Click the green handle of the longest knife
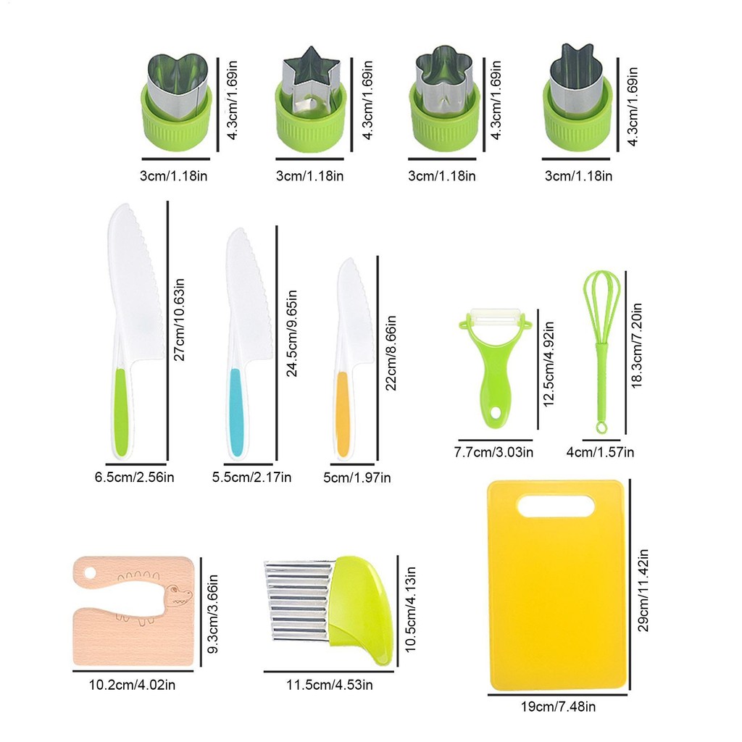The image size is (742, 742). click(121, 412)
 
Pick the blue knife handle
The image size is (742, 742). click(237, 412)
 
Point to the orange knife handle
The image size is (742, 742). click(343, 414)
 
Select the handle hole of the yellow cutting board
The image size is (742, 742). click(556, 506)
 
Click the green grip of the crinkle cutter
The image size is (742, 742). click(361, 609)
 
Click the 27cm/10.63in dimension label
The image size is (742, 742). click(179, 320)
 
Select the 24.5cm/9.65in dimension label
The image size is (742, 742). click(291, 333)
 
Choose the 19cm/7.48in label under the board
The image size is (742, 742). click(558, 706)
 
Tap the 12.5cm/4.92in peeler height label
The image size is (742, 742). click(548, 364)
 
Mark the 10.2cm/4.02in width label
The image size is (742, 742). click(132, 685)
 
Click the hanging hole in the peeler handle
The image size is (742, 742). click(495, 412)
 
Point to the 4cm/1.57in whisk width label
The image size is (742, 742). click(600, 452)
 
